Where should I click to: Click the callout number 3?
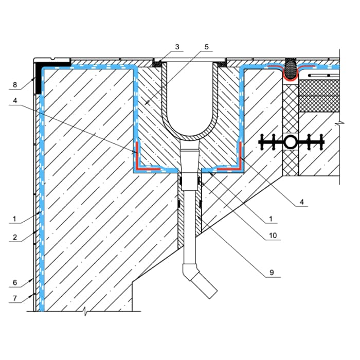coord(177,47)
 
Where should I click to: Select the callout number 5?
coord(206,47)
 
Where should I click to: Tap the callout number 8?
coord(15,85)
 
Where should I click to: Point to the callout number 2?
coord(15,237)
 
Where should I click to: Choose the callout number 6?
coord(15,282)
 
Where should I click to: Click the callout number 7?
coord(15,298)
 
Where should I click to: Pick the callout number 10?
coord(273,236)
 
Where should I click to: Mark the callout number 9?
coord(272,273)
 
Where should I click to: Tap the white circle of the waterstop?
coord(291,142)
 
